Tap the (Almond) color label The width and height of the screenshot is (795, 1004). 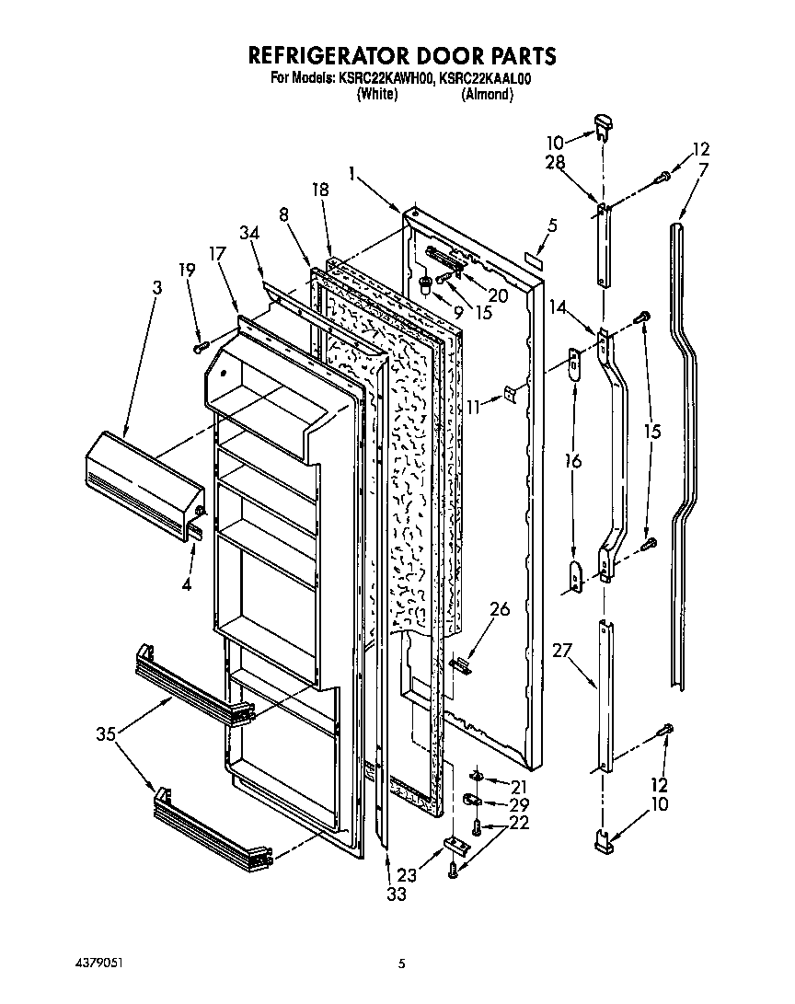(x=486, y=94)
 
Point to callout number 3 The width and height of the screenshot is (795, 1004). (x=156, y=288)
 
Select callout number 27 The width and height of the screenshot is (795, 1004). (x=562, y=651)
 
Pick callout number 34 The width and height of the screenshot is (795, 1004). (x=250, y=234)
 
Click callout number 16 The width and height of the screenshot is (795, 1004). (x=573, y=462)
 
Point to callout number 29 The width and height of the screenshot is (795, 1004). (x=520, y=803)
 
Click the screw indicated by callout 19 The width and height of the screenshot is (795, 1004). (x=200, y=347)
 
